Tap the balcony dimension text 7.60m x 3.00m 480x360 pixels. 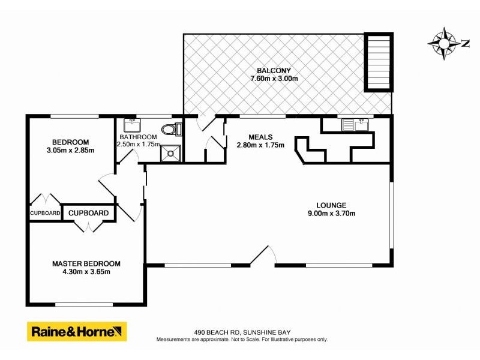274,79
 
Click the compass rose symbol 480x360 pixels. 444,43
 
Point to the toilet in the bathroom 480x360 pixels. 170,129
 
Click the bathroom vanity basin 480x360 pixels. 131,125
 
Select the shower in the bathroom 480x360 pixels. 172,152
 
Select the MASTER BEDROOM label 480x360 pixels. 86,263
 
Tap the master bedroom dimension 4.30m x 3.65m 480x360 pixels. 86,272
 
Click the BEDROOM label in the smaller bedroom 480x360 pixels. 70,142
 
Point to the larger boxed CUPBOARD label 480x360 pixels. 88,213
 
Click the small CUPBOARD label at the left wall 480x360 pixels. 45,213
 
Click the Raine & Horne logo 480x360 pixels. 77,331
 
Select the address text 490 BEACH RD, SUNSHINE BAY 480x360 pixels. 242,332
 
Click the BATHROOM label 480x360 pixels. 138,137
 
